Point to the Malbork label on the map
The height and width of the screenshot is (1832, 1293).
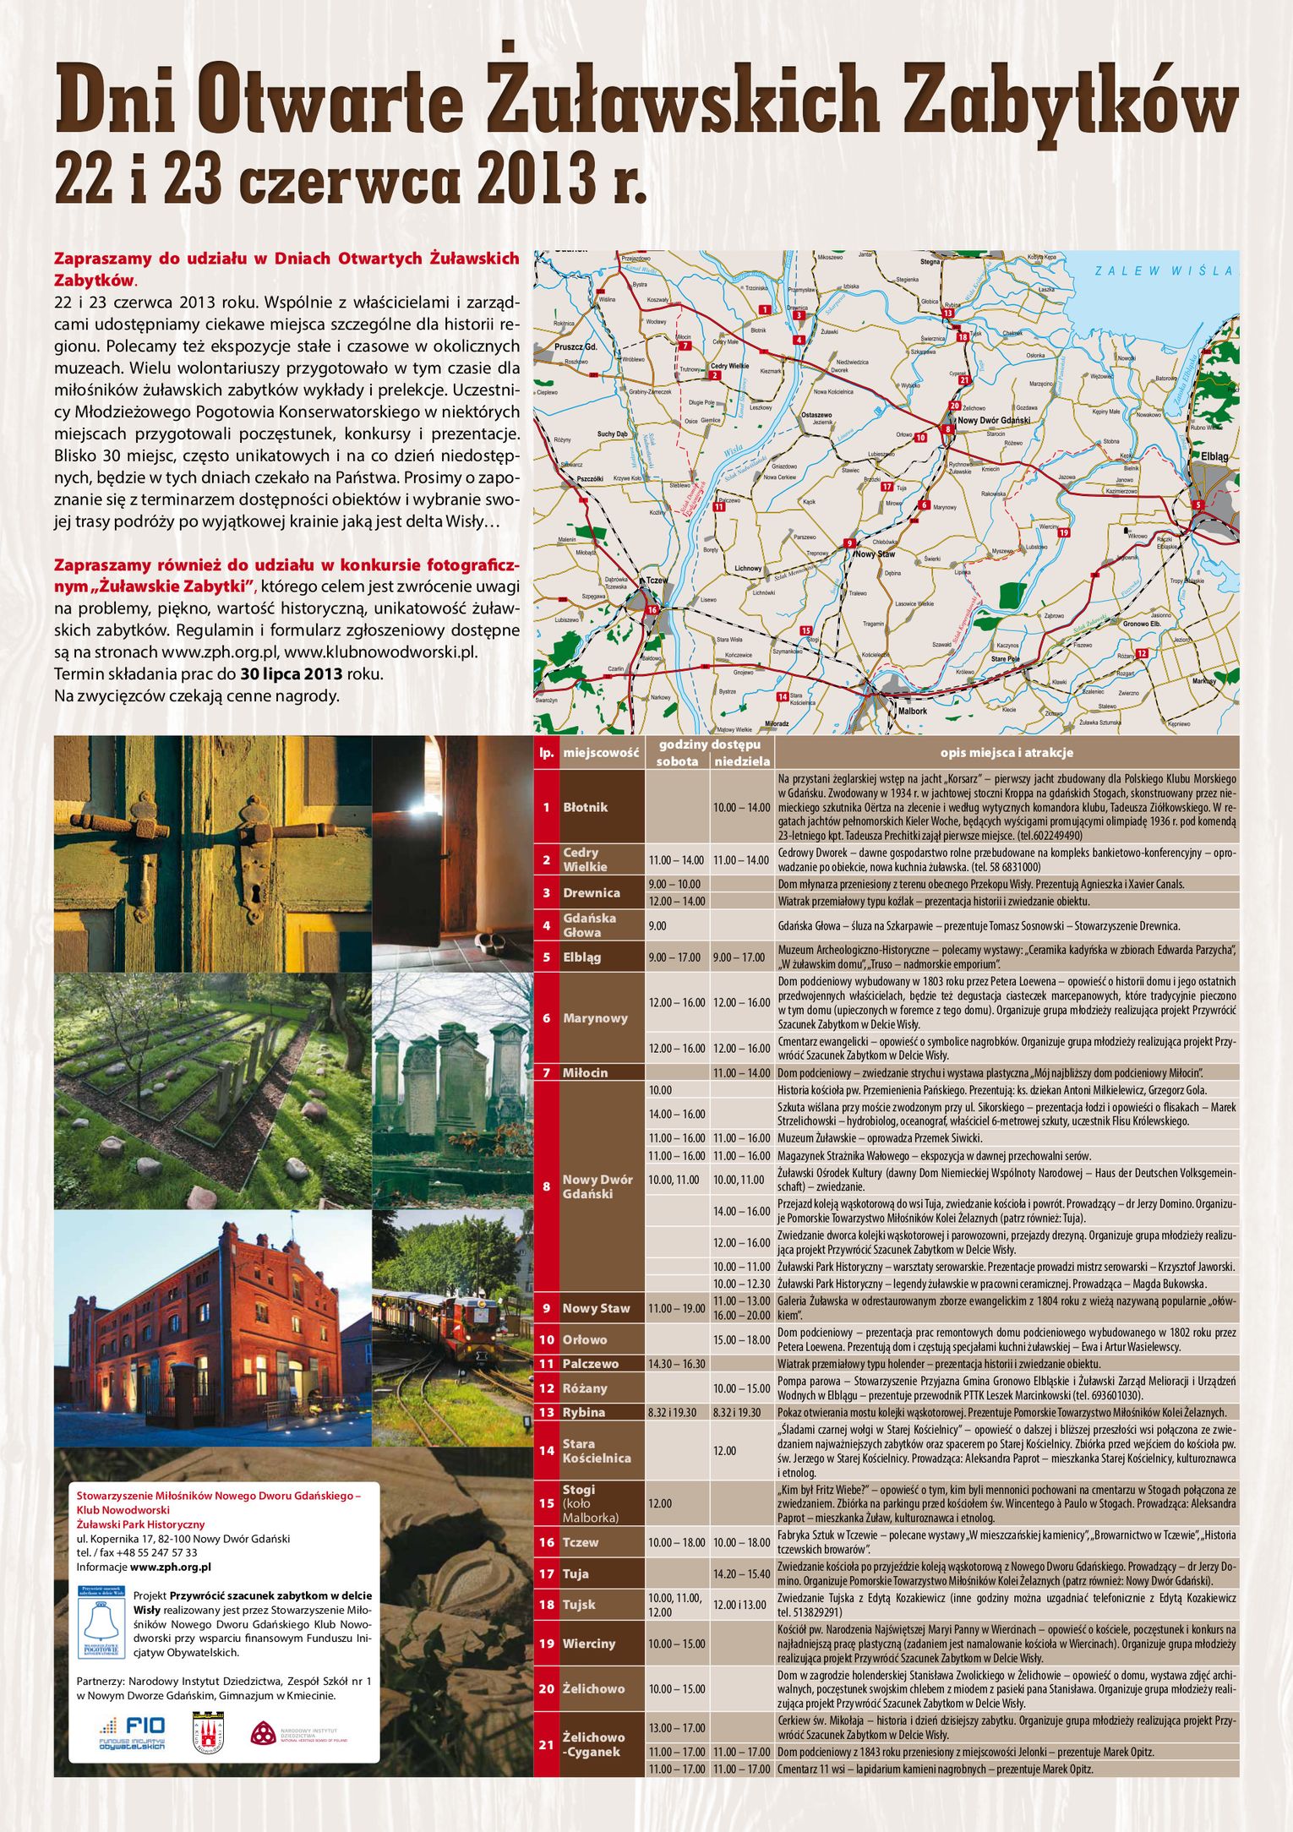pos(912,711)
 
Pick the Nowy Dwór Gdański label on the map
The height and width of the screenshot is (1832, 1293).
pos(993,420)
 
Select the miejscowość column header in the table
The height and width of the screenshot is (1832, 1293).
pos(601,752)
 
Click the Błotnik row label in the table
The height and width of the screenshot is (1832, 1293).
pos(586,807)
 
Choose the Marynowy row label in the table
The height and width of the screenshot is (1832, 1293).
pos(595,1017)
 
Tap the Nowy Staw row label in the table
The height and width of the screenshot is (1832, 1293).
pos(596,1308)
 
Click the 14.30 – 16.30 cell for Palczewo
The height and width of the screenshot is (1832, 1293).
pos(676,1364)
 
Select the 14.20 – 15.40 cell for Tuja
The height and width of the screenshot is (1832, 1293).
pos(741,1573)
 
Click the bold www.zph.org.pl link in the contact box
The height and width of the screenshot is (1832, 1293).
pos(170,1567)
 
